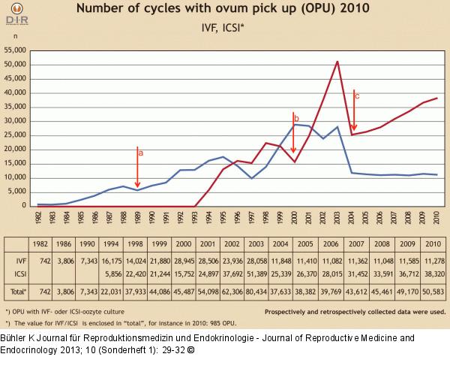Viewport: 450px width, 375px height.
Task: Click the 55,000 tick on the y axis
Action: pos(16,50)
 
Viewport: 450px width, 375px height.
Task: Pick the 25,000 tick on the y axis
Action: pos(16,135)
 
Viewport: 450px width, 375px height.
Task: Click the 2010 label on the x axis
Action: pos(436,217)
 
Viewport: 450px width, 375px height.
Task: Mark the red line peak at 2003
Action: pos(337,62)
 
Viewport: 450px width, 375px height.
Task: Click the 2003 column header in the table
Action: pos(257,245)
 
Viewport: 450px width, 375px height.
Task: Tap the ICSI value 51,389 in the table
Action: pos(257,273)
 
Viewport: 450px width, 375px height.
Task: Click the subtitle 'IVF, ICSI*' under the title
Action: pos(226,29)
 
